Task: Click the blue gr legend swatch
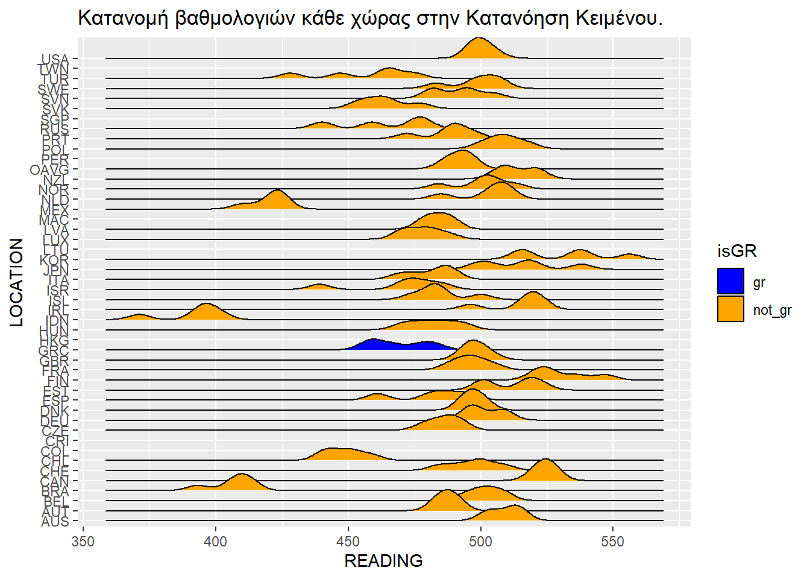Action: [x=730, y=282]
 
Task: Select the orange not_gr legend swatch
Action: [x=730, y=309]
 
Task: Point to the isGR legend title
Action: [x=736, y=251]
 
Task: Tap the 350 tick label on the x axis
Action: [x=83, y=542]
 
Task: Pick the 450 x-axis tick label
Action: [x=348, y=542]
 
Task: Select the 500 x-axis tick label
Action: [x=480, y=542]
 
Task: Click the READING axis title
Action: [x=383, y=561]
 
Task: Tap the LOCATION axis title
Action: [x=17, y=282]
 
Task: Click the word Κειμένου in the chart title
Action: [x=619, y=19]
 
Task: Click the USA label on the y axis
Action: [x=55, y=59]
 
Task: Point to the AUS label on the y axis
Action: [x=55, y=522]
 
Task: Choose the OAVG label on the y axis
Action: [x=49, y=170]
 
